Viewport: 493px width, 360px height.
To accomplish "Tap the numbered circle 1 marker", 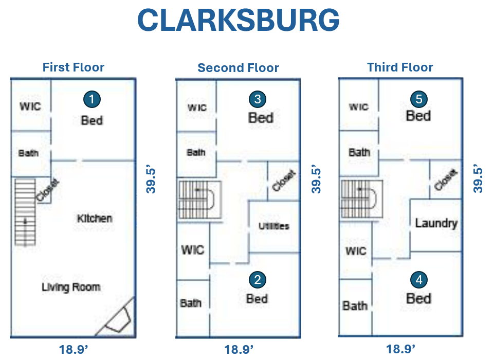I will coord(92,99).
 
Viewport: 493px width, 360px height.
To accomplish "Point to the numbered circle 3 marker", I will coord(258,99).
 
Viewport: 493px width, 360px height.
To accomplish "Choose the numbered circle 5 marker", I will coord(418,99).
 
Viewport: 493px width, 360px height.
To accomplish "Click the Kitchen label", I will coord(95,219).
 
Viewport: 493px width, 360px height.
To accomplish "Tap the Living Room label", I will coord(70,287).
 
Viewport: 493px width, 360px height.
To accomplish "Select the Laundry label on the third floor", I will coord(436,223).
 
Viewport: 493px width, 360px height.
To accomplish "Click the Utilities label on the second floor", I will coord(273,226).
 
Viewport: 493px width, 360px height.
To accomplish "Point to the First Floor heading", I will coord(74,67).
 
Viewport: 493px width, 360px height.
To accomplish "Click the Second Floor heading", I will coord(238,68).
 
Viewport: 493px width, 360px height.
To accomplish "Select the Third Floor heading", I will coord(400,67).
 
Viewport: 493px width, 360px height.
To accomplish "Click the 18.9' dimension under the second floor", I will coord(239,350).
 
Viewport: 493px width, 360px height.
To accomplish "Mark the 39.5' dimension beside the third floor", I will coord(478,179).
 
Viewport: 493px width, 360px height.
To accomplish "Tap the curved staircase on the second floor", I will coord(199,200).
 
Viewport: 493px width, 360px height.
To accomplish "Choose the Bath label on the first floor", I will coord(28,153).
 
